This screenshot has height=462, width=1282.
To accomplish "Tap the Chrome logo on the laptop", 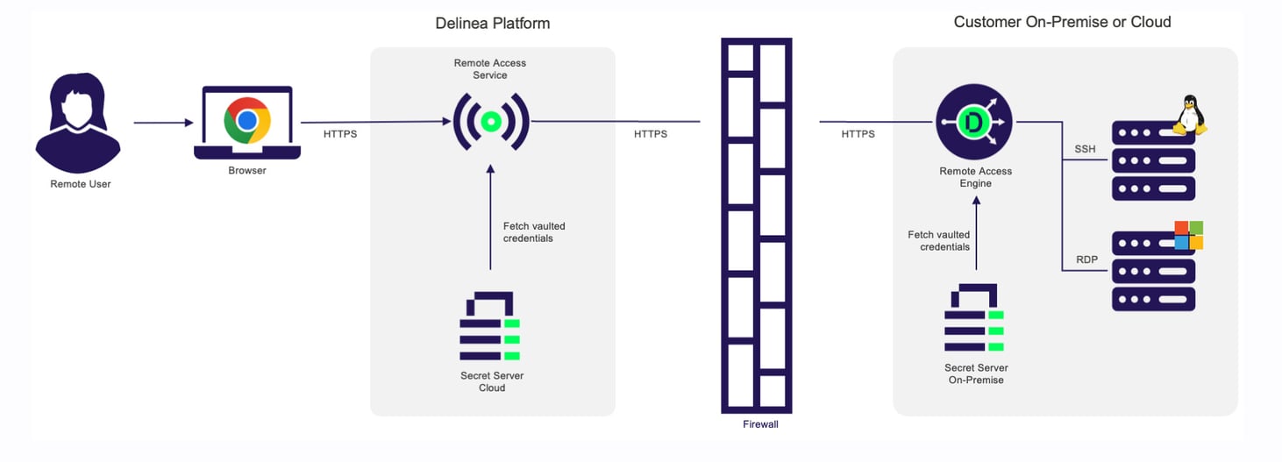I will [x=247, y=121].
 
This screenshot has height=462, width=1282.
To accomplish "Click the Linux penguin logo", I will [x=1189, y=115].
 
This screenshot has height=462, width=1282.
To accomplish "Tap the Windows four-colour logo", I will [x=1188, y=235].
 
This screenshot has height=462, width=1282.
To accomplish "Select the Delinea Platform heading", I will [x=493, y=24].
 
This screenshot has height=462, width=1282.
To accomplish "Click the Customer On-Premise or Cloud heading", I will [x=1062, y=22].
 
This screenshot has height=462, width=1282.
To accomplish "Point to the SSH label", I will [x=1085, y=149].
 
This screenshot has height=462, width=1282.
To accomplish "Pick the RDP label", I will [x=1086, y=259].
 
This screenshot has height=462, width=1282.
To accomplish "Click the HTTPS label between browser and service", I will [x=340, y=134].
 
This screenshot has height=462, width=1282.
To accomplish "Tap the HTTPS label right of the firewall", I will [x=858, y=134].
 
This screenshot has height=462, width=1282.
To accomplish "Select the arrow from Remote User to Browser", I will [x=163, y=123].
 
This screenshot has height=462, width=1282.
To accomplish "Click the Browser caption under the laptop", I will [x=247, y=170].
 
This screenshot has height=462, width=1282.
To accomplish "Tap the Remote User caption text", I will [x=81, y=184].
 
